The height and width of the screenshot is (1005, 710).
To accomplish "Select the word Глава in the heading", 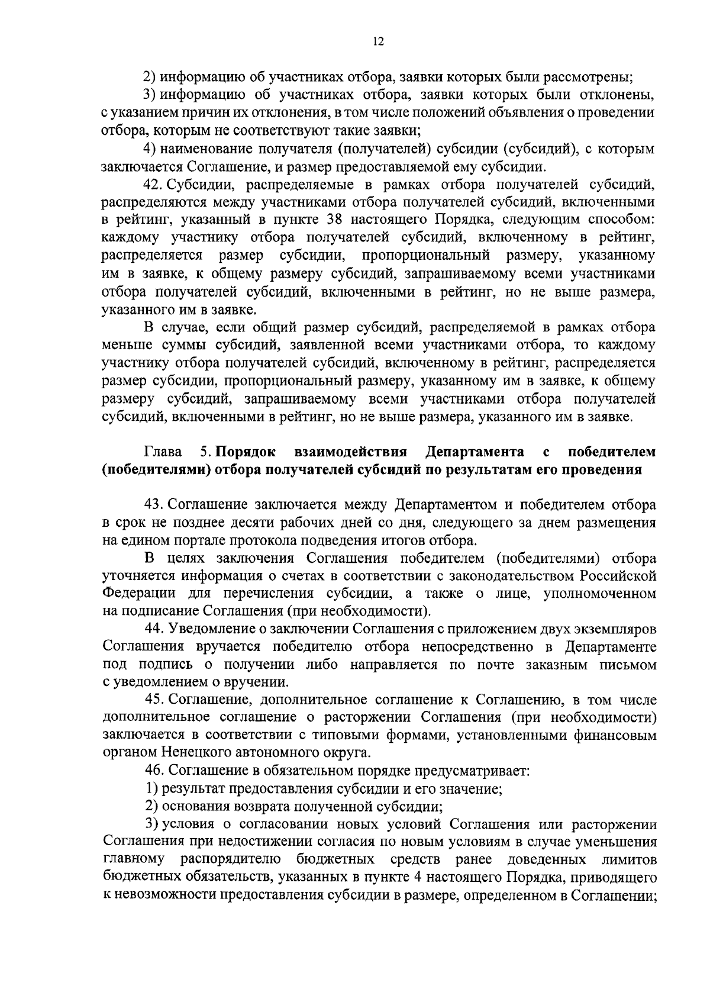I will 163,452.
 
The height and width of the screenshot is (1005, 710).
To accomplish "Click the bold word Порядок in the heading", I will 246,452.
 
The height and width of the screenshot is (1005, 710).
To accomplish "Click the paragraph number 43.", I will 154,505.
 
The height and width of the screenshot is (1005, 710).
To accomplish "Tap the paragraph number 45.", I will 154,700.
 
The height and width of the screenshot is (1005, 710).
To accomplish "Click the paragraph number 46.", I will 154,771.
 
